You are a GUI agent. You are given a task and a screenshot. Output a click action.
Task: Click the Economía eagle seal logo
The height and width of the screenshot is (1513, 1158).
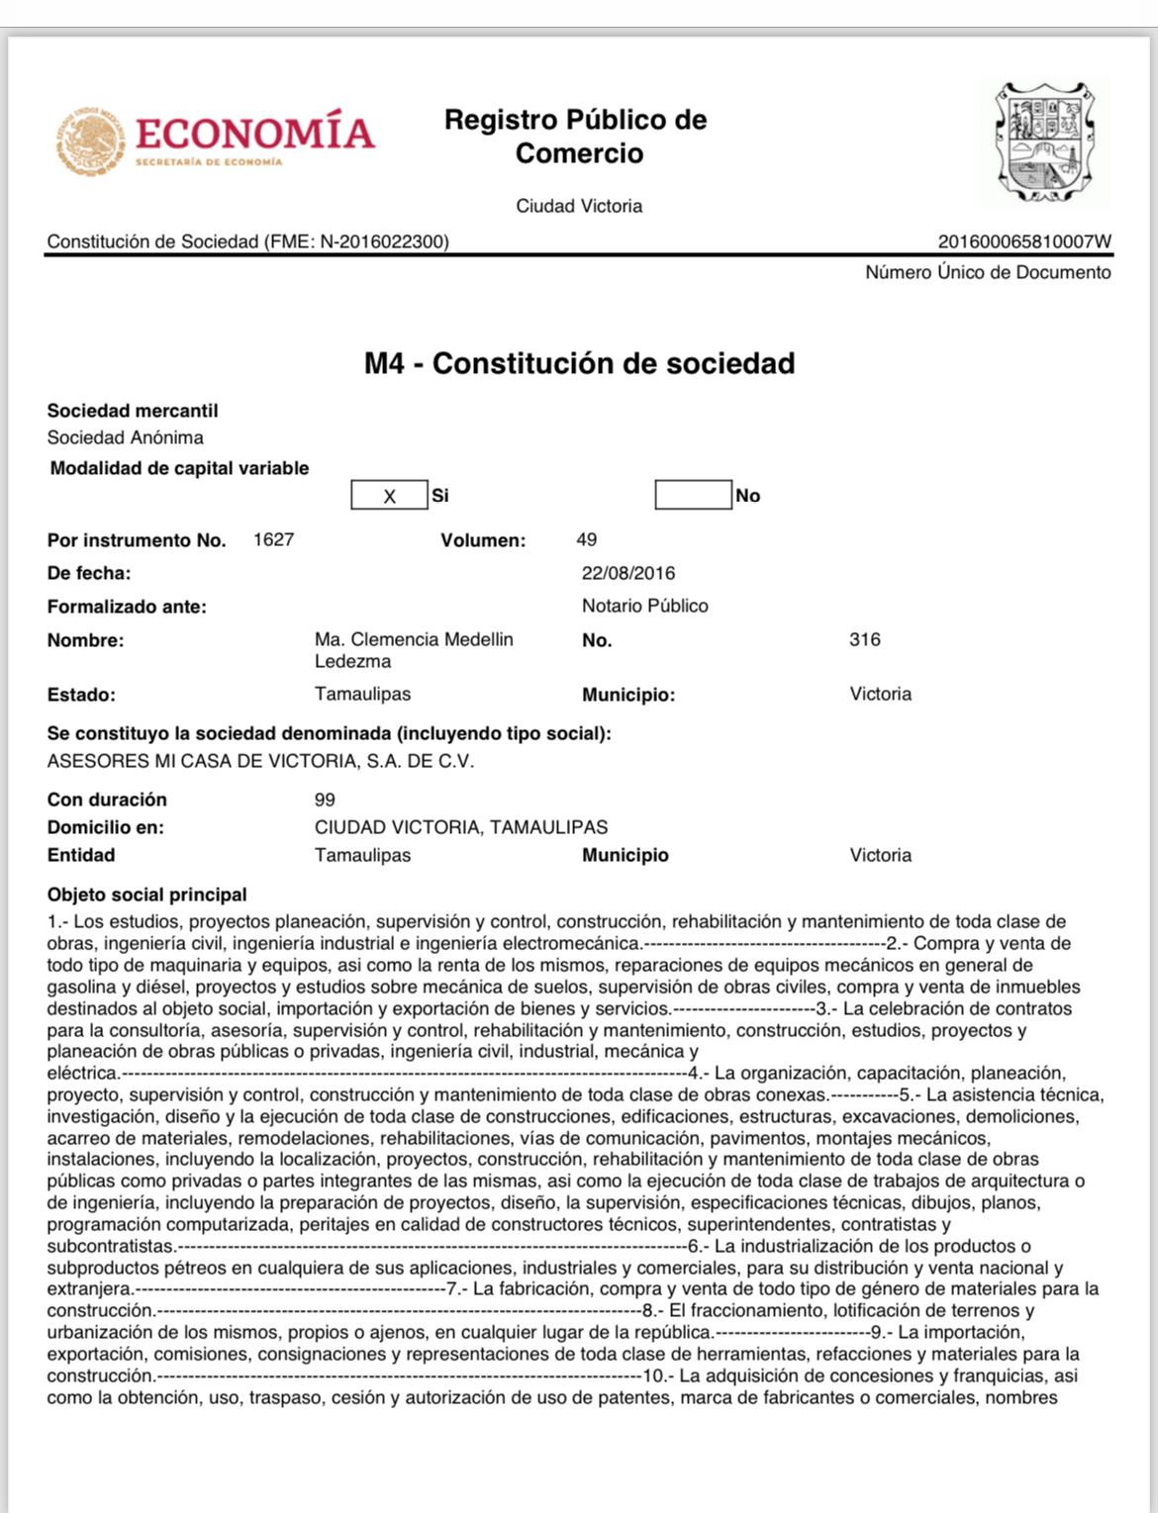(x=90, y=142)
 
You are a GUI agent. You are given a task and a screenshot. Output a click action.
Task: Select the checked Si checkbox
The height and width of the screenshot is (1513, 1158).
(x=389, y=496)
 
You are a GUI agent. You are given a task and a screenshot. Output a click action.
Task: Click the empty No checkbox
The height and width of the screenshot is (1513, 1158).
(x=693, y=495)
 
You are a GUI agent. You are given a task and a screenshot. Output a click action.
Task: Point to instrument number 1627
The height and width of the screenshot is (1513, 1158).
(x=273, y=540)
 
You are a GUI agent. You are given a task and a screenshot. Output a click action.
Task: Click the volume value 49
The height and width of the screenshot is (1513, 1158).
(x=587, y=540)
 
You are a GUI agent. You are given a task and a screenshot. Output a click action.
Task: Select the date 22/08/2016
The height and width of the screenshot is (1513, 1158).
(x=628, y=574)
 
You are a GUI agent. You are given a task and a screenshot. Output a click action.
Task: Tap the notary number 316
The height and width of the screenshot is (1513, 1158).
(x=864, y=640)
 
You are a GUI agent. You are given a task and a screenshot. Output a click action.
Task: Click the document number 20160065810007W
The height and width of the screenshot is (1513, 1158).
(x=1024, y=241)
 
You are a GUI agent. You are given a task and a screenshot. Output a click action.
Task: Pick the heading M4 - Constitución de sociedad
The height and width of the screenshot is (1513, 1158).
(x=579, y=364)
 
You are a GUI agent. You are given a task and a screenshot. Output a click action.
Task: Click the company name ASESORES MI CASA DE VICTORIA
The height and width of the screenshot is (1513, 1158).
(x=260, y=762)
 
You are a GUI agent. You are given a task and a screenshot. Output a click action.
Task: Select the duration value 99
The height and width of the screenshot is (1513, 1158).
(x=325, y=800)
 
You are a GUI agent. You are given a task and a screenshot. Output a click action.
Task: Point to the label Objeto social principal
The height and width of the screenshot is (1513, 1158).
(x=147, y=895)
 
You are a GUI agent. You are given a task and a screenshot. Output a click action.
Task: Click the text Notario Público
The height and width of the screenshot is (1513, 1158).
(x=644, y=607)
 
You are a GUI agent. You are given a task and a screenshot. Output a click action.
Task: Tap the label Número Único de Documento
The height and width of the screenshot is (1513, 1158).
(x=988, y=273)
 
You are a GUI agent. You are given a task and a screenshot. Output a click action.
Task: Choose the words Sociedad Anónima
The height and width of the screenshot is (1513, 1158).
(x=126, y=437)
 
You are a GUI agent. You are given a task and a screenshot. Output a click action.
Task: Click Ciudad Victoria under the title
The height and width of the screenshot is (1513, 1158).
(x=579, y=207)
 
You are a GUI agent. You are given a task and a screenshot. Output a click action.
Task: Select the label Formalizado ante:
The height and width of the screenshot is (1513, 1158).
(x=127, y=607)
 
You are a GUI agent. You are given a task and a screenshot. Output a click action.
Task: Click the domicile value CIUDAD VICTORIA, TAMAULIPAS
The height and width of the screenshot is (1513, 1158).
(x=461, y=827)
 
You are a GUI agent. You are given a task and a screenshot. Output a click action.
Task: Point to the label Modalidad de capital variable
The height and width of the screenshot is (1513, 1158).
(x=179, y=469)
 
